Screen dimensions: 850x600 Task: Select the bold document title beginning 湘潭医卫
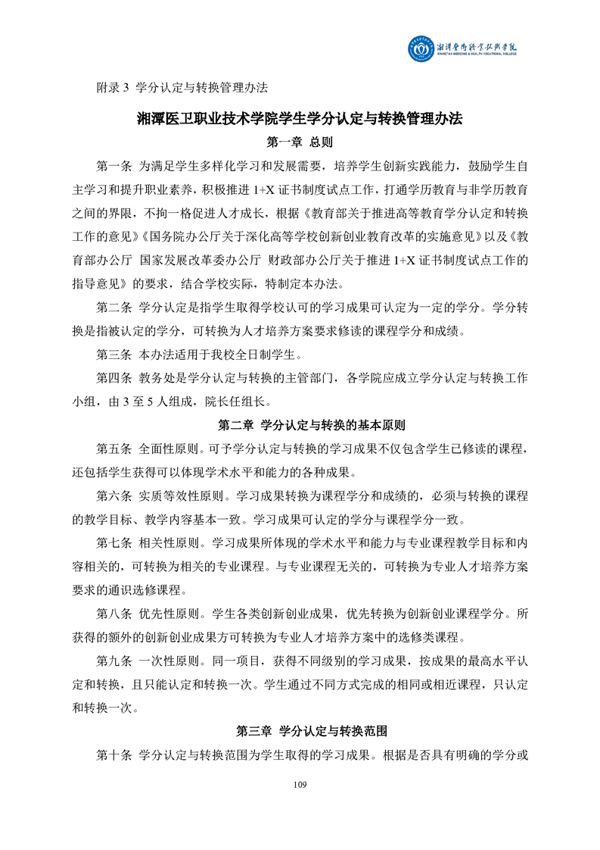pyautogui.click(x=300, y=119)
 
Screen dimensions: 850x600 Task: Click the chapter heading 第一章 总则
pyautogui.click(x=300, y=142)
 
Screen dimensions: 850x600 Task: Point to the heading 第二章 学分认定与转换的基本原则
pyautogui.click(x=300, y=425)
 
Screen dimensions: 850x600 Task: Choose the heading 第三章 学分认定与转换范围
pyautogui.click(x=300, y=731)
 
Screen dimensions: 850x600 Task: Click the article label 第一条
pyautogui.click(x=114, y=166)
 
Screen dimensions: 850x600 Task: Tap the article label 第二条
pyautogui.click(x=114, y=308)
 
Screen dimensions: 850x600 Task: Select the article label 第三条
pyautogui.click(x=114, y=355)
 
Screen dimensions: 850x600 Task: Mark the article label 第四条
pyautogui.click(x=114, y=378)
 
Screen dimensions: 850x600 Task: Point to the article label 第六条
pyautogui.click(x=114, y=496)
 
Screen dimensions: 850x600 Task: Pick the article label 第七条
pyautogui.click(x=114, y=543)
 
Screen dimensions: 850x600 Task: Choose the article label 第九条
pyautogui.click(x=114, y=661)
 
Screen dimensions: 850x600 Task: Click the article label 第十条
pyautogui.click(x=114, y=755)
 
